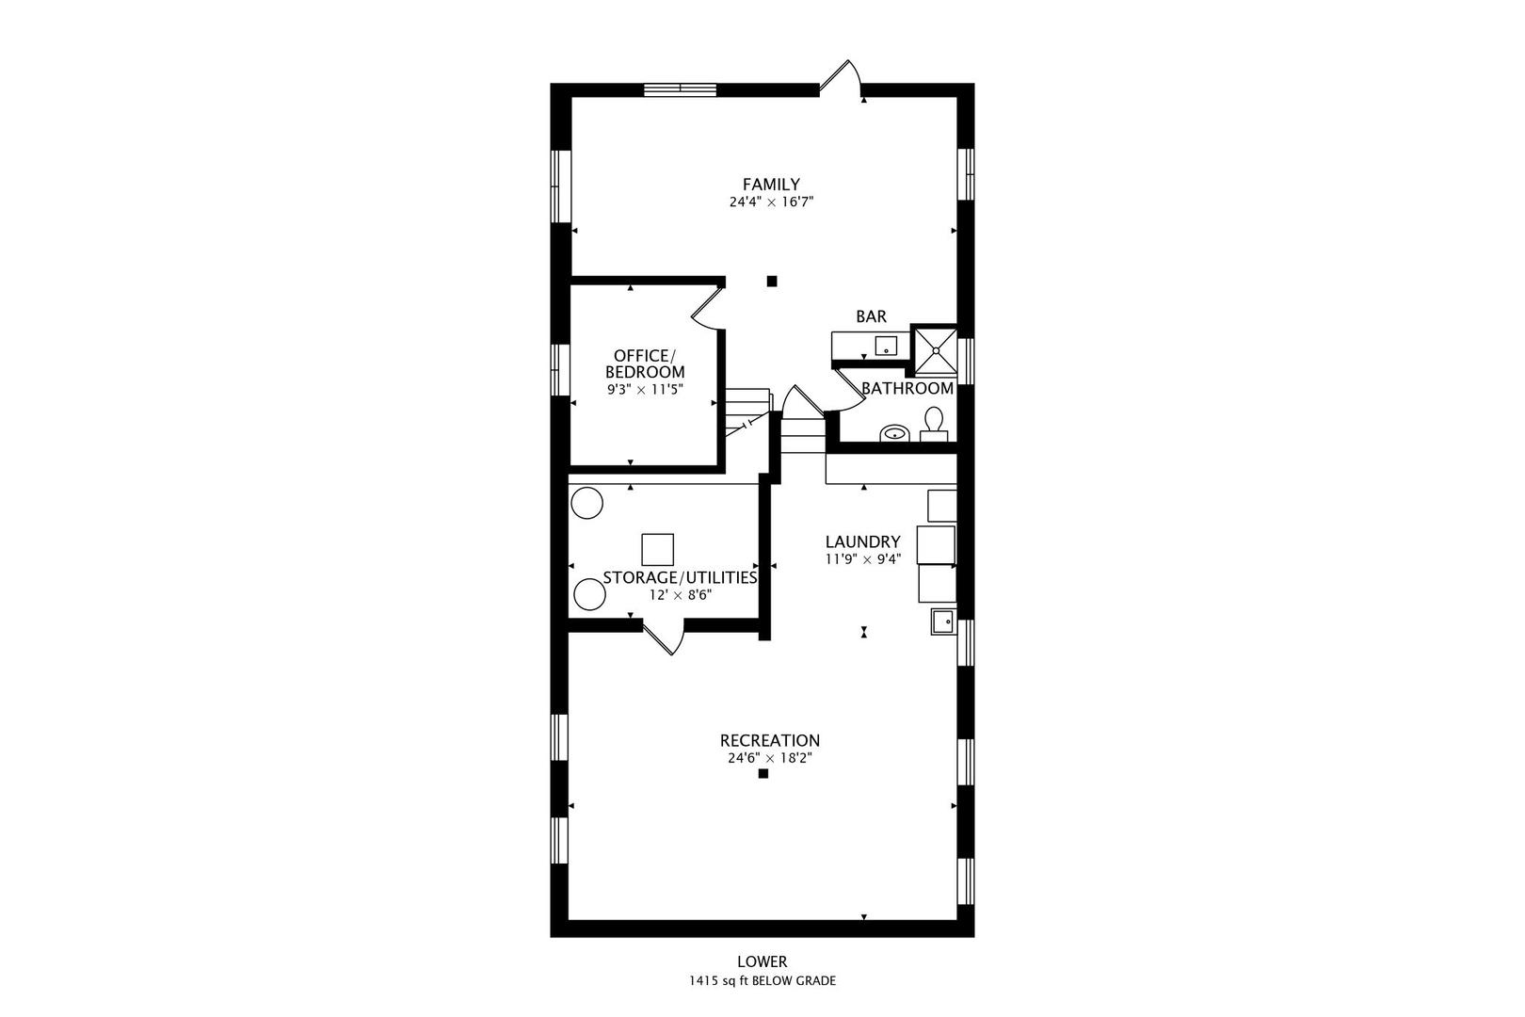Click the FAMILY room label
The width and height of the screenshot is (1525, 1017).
(x=771, y=184)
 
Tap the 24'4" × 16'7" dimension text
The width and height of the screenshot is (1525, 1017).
(x=771, y=202)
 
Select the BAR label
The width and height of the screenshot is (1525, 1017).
(x=871, y=316)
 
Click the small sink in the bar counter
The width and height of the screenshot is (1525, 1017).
(x=887, y=346)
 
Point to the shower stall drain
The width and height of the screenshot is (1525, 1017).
(x=936, y=350)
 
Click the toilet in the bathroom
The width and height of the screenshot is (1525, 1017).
(x=934, y=424)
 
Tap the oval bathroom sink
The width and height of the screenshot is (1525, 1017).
(x=894, y=432)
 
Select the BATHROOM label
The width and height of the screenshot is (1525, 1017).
(x=907, y=388)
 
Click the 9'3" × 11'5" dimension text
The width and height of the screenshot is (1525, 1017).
(x=645, y=390)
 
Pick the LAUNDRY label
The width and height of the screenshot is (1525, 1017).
(x=862, y=541)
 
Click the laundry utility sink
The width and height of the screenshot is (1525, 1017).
(x=943, y=621)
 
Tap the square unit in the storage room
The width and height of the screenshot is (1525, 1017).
(x=658, y=549)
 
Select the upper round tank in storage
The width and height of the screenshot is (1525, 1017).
(x=586, y=504)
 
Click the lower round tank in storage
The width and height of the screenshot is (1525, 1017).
(x=589, y=594)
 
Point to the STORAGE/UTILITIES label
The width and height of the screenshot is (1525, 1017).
(x=680, y=577)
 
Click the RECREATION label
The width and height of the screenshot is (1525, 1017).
(x=770, y=740)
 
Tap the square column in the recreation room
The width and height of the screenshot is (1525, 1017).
(x=763, y=774)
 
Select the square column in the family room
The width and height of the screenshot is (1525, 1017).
(x=772, y=281)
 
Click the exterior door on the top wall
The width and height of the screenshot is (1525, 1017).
(x=840, y=78)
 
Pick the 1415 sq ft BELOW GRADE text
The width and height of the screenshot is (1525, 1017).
(x=762, y=981)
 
